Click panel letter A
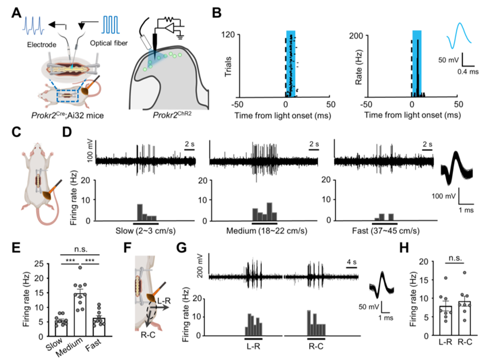click(x=17, y=11)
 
